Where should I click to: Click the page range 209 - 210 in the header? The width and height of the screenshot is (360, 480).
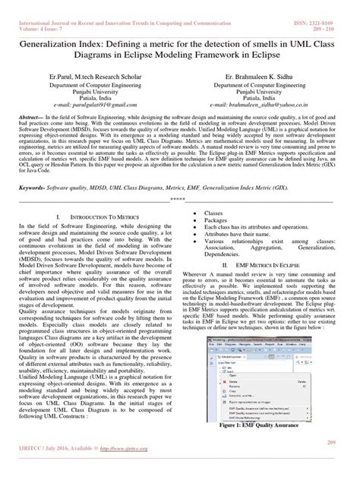click(x=335, y=11)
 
